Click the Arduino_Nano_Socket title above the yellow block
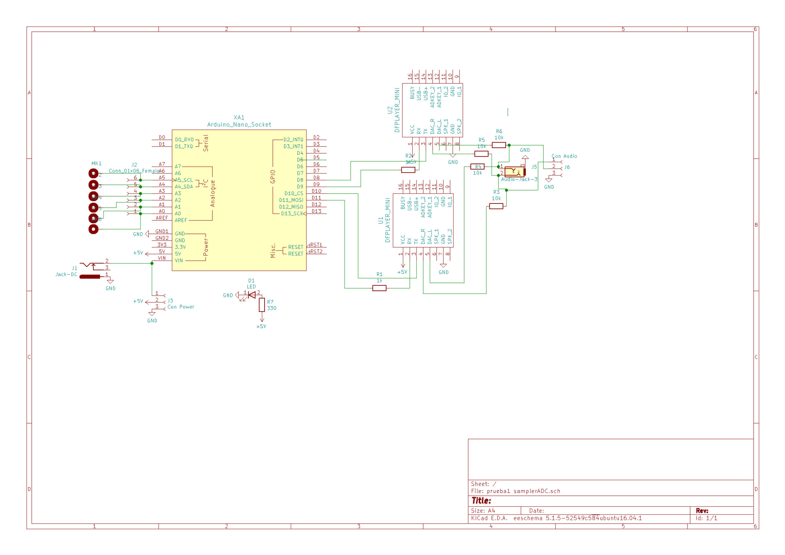tap(239, 125)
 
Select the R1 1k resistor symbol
tap(379, 288)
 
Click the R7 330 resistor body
tap(262, 305)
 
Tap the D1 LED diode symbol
tap(252, 295)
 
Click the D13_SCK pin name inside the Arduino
tap(292, 213)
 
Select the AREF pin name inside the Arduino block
tap(181, 220)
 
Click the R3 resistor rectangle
tap(496, 206)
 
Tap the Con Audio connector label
tap(564, 156)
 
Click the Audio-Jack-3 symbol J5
tap(515, 171)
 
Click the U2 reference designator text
tap(390, 110)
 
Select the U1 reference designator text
tap(380, 220)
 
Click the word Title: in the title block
tap(481, 501)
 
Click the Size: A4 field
tap(483, 511)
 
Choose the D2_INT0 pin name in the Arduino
tap(293, 140)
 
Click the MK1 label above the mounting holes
tap(96, 164)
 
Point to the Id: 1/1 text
tap(706, 518)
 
